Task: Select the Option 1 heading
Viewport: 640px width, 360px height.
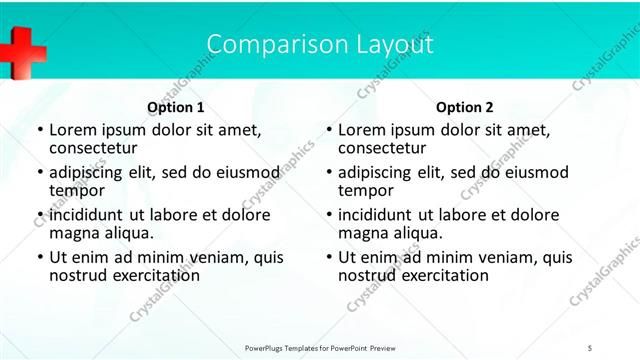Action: [176, 107]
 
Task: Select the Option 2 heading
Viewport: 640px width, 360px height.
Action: [465, 107]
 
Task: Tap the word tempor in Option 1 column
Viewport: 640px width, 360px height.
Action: [77, 191]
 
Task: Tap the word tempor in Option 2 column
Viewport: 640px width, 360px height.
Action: [366, 191]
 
